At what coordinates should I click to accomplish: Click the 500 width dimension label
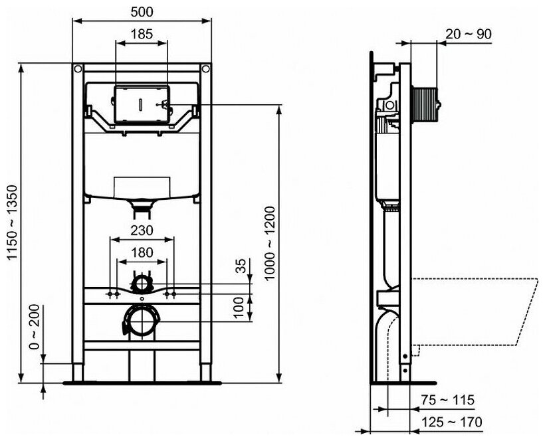point(142,12)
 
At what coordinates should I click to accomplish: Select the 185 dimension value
point(142,34)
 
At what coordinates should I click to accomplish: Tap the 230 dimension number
point(142,230)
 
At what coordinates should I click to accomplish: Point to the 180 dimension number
point(142,252)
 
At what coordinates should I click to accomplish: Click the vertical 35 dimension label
point(241,266)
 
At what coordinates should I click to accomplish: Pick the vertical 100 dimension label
point(239,307)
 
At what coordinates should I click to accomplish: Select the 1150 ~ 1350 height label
point(13,222)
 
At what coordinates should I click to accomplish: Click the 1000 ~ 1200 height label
point(270,244)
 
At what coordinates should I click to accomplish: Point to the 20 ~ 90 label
point(469,34)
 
